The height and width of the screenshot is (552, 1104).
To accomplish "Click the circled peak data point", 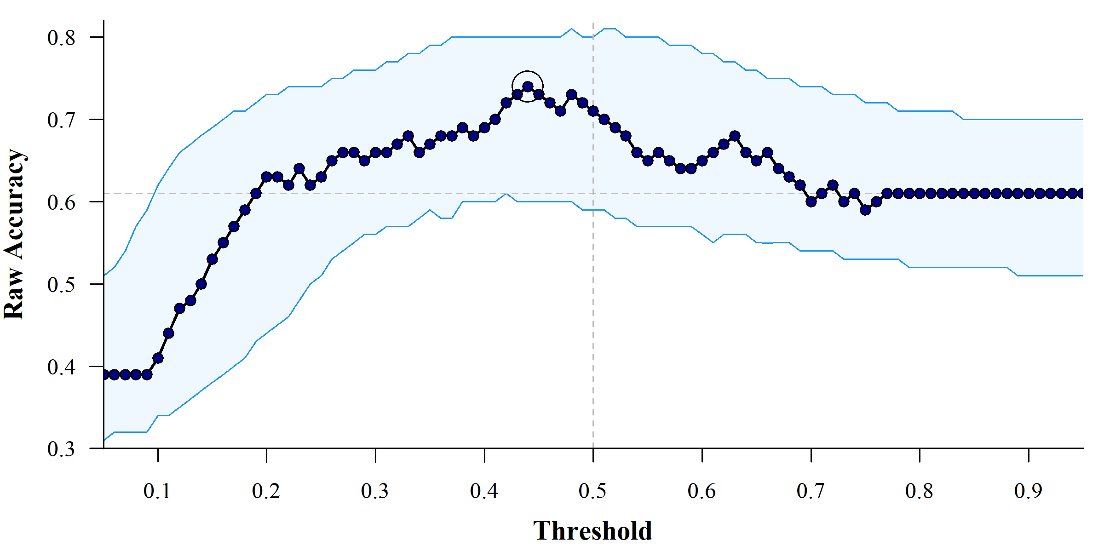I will [x=528, y=86].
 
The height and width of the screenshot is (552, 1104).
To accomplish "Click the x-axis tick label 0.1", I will [x=157, y=491].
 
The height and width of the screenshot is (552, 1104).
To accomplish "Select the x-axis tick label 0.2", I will [x=266, y=491].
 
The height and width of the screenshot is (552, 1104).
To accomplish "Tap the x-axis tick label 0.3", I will [x=375, y=491].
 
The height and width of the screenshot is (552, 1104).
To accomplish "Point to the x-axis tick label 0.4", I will [x=484, y=491].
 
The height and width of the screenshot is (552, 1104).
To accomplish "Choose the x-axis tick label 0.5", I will [x=592, y=491].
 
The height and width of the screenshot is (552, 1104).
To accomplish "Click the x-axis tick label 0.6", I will [x=701, y=491].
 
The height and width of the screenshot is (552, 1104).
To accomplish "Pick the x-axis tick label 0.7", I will [x=811, y=491].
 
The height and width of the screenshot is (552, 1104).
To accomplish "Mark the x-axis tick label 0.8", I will [x=919, y=491].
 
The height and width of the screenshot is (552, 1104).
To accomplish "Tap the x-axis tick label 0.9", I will [x=1028, y=491].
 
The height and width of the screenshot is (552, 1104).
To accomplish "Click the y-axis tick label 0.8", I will [x=61, y=37].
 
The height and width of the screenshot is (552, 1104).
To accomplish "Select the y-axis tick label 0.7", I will [x=61, y=120].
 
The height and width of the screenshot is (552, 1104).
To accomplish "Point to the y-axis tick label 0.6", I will [x=61, y=202].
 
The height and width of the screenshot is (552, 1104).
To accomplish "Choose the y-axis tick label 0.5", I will [x=61, y=284].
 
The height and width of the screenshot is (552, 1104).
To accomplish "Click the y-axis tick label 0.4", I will [x=61, y=367].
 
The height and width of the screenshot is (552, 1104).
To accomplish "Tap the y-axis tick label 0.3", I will [x=61, y=448].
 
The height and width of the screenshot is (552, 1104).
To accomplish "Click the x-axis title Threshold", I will [x=592, y=531].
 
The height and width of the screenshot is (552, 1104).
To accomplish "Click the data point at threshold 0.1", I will [x=158, y=358].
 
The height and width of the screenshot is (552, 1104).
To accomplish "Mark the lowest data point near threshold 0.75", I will [x=865, y=210].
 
